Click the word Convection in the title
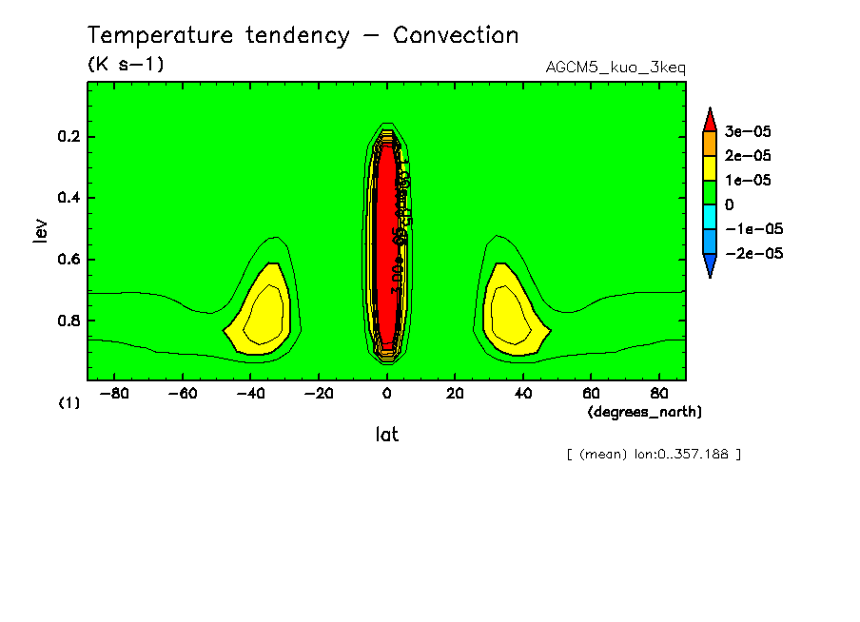click(456, 36)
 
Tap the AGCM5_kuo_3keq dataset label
click(616, 68)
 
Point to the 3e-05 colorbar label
click(748, 130)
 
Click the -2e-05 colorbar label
click(752, 253)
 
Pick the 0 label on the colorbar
click(730, 204)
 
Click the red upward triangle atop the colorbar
click(710, 118)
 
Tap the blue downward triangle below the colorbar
click(710, 266)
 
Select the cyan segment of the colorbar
click(710, 217)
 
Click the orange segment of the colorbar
click(710, 143)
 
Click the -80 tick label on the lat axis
click(114, 393)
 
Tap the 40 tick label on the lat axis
click(522, 393)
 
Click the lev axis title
click(40, 229)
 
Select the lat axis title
click(386, 435)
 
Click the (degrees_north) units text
click(645, 412)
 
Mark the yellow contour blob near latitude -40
click(264, 314)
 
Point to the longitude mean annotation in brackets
click(653, 454)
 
